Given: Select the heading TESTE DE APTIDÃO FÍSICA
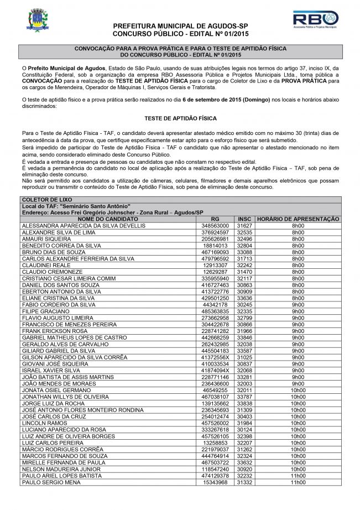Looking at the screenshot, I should [x=180, y=118].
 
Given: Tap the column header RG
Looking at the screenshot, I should [x=215, y=220].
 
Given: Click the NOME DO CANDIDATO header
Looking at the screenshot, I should [x=108, y=220].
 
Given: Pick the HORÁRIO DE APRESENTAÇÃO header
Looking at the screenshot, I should [x=298, y=220].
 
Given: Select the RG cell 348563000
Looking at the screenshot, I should [x=215, y=226].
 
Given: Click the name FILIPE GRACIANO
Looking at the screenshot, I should [x=43, y=311].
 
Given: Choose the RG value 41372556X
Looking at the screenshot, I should [x=215, y=358].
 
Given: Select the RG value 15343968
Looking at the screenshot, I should [x=215, y=482].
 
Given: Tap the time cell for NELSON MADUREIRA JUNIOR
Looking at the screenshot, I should [x=298, y=469].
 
